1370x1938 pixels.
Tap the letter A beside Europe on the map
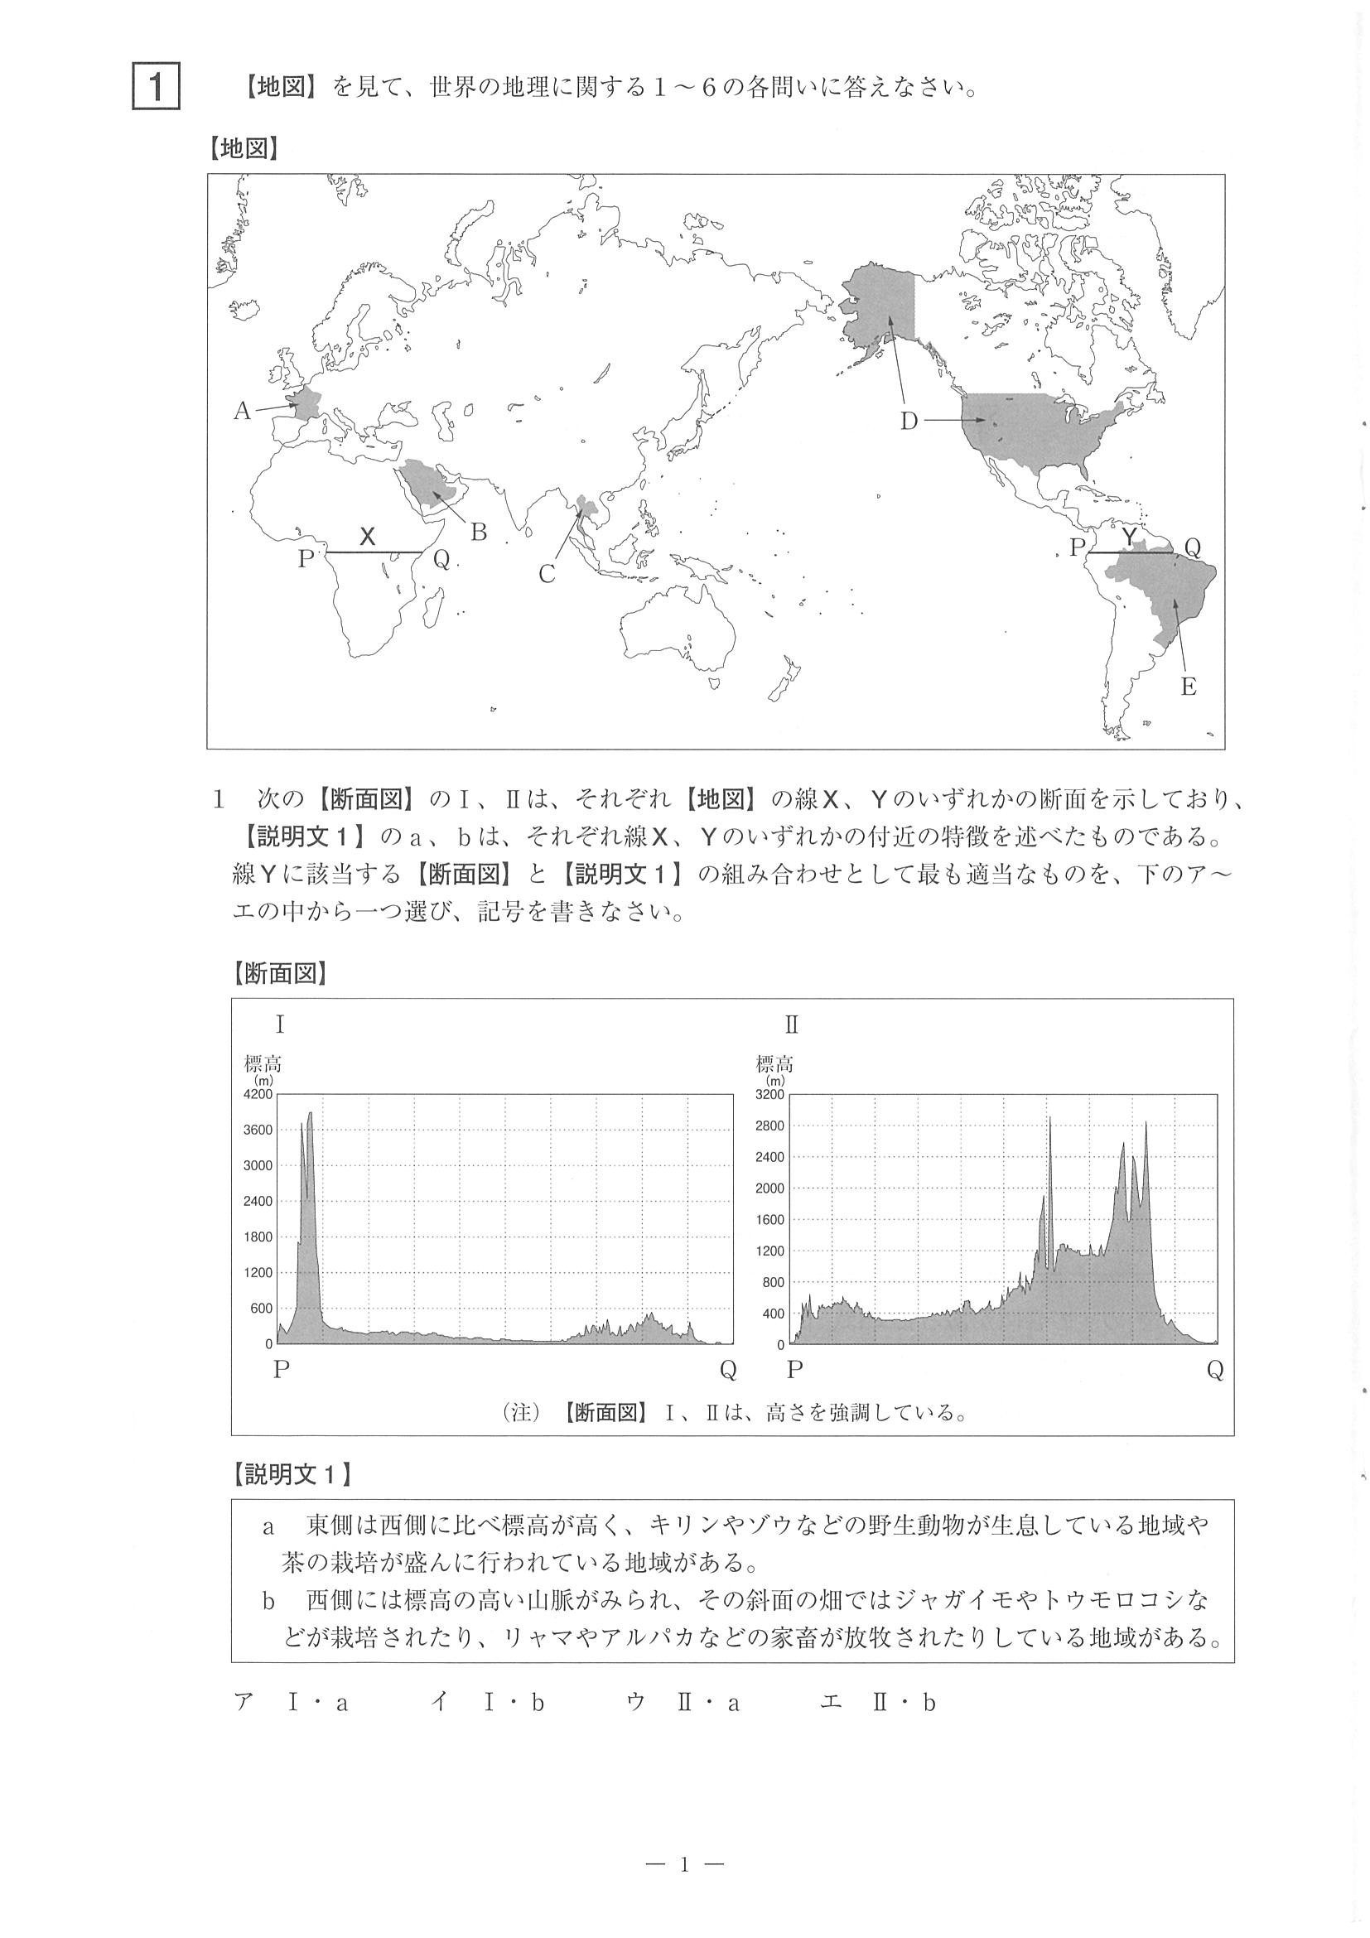242,411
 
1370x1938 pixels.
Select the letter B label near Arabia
479,532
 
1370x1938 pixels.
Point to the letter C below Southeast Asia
547,575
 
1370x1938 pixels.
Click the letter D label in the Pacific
909,422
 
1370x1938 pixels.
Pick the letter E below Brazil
1189,687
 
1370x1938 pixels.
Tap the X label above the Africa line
367,536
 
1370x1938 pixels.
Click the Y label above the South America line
1130,537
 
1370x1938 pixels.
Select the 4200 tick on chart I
258,1095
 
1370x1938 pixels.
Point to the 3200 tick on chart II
769,1095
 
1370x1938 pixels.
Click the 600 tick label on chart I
262,1309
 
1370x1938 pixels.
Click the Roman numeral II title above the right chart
791,1025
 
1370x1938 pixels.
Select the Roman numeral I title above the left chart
279,1025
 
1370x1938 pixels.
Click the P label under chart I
281,1369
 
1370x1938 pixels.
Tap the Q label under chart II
1214,1371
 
